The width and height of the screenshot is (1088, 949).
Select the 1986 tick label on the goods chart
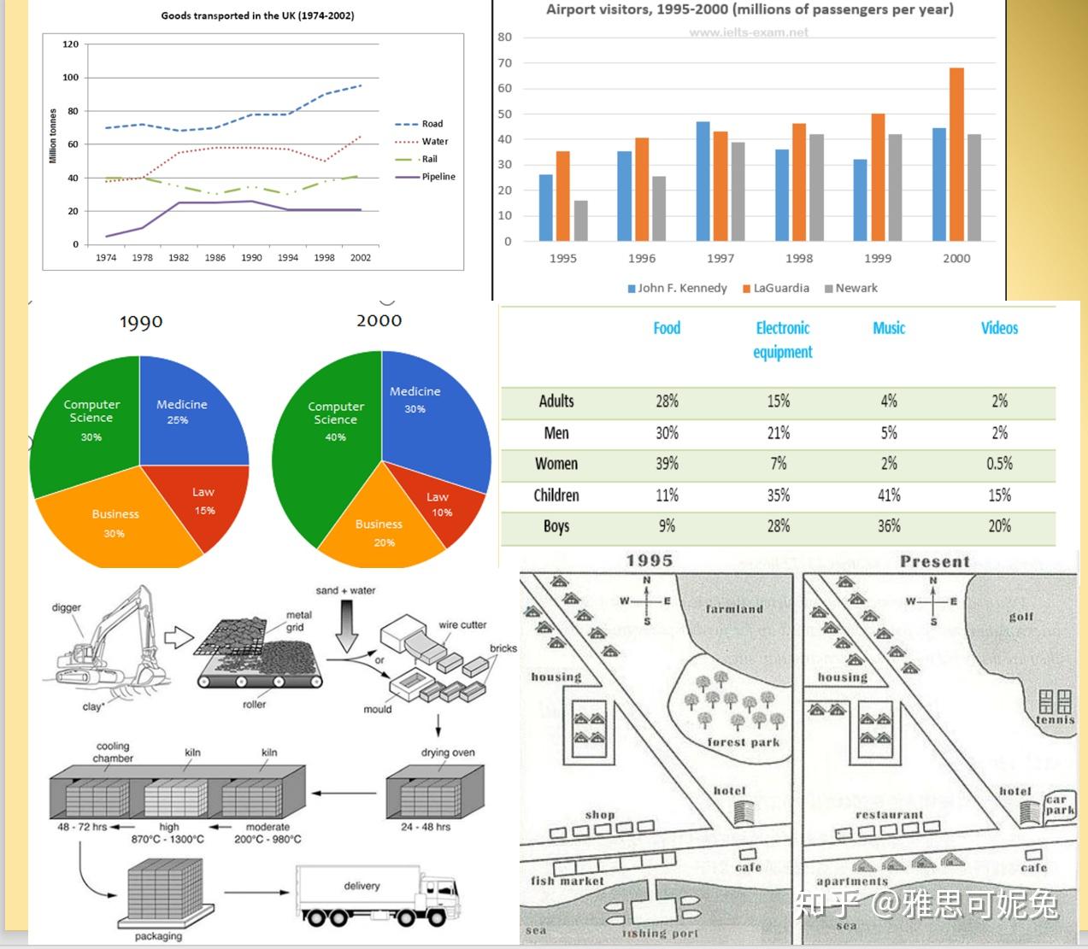215,257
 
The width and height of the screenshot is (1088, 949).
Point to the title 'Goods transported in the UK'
257,15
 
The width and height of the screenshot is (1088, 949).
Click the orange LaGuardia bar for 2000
956,154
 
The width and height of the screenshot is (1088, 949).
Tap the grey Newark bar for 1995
580,220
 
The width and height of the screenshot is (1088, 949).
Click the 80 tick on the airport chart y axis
504,38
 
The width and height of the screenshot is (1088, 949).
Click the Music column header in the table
888,328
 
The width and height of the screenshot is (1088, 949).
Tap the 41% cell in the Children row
888,495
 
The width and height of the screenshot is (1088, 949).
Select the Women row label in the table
556,464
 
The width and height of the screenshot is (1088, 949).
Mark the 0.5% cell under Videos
999,464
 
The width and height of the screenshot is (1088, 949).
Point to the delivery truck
376,897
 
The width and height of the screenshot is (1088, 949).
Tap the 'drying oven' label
448,753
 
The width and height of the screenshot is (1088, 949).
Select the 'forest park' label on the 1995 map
743,742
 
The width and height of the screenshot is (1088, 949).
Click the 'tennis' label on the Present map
1055,720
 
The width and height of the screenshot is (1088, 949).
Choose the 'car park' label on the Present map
1059,805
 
